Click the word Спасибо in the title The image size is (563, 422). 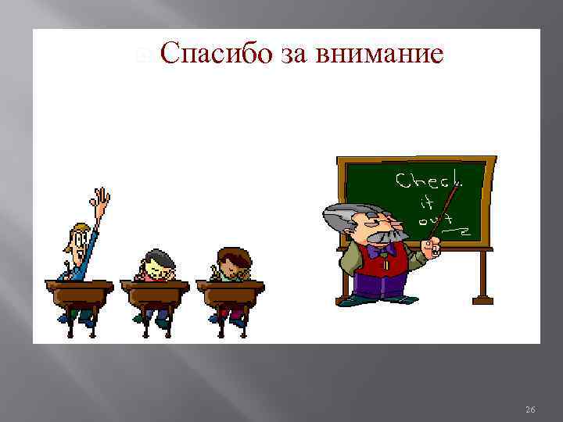click(x=217, y=55)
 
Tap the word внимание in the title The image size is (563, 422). click(x=381, y=55)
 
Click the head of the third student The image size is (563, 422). click(x=232, y=261)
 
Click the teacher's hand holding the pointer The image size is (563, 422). click(x=430, y=249)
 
